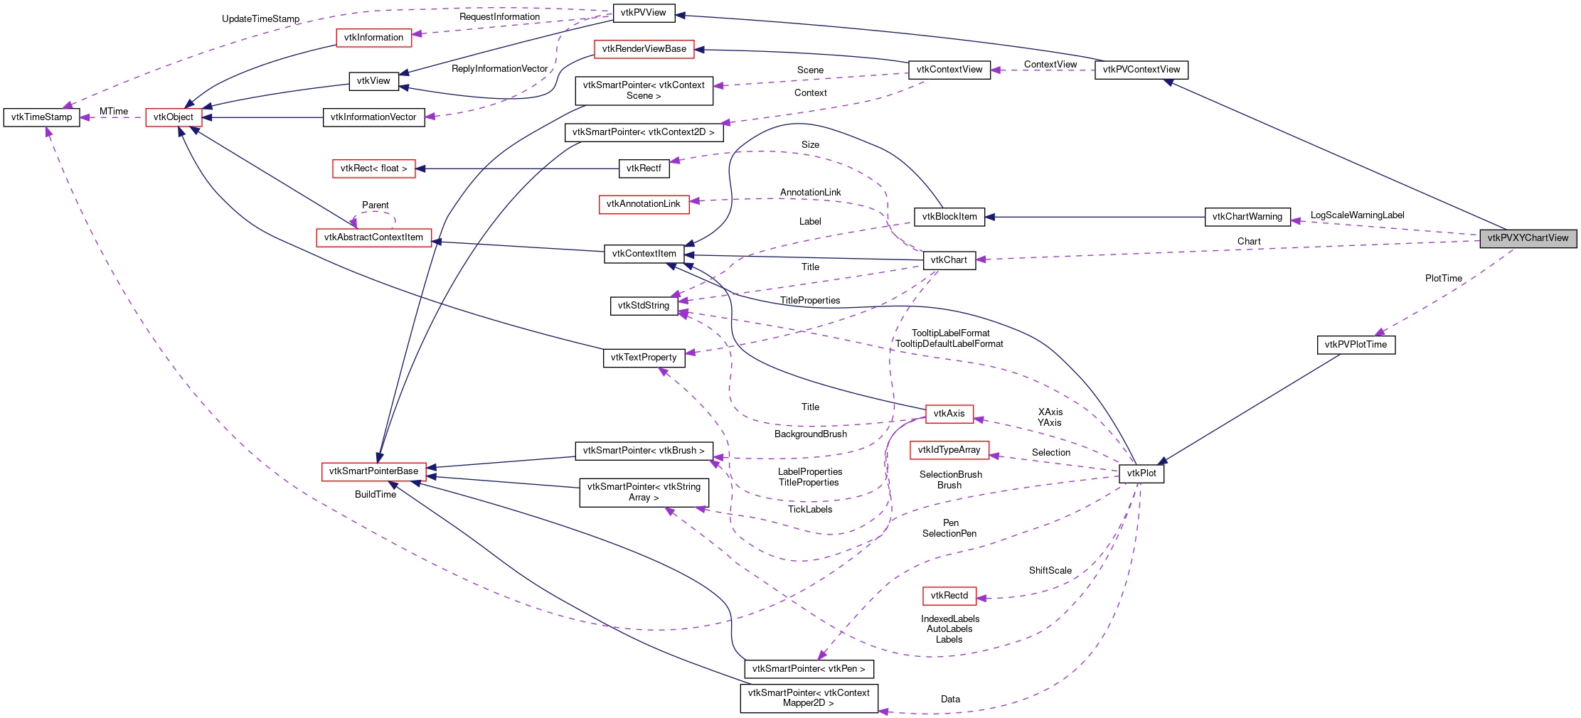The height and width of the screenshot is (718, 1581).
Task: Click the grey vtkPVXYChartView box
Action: pyautogui.click(x=1528, y=238)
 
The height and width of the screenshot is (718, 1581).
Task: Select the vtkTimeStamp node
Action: pyautogui.click(x=42, y=117)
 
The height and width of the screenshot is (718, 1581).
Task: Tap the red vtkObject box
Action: pyautogui.click(x=174, y=117)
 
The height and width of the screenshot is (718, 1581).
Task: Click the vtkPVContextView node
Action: pyautogui.click(x=1141, y=70)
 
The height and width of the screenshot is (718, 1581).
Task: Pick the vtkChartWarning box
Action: pyautogui.click(x=1247, y=217)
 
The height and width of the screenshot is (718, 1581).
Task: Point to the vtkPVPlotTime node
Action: pyautogui.click(x=1356, y=345)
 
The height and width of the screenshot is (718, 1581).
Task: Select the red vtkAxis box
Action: pyautogui.click(x=949, y=414)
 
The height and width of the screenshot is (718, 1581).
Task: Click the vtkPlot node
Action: pyautogui.click(x=1141, y=473)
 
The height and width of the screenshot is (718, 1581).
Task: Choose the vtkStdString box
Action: pyautogui.click(x=644, y=306)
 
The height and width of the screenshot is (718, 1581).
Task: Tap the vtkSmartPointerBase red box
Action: pyautogui.click(x=373, y=471)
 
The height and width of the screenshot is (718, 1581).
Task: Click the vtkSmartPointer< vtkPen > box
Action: pyautogui.click(x=809, y=669)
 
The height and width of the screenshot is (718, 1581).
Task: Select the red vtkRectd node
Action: pyautogui.click(x=949, y=596)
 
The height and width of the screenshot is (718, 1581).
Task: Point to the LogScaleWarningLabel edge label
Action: pyautogui.click(x=1357, y=215)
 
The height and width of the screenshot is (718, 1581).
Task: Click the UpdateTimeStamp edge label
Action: pyautogui.click(x=260, y=19)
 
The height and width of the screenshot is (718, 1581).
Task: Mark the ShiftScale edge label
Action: pyautogui.click(x=1050, y=571)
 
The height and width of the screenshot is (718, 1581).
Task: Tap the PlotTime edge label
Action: pyautogui.click(x=1443, y=279)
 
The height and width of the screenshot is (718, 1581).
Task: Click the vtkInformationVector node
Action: pyautogui.click(x=373, y=117)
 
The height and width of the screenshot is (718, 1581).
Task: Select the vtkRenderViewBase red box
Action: pyautogui.click(x=644, y=49)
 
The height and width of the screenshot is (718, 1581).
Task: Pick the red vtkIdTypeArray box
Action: pyautogui.click(x=949, y=450)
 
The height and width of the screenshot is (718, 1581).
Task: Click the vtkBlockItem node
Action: pyautogui.click(x=949, y=217)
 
